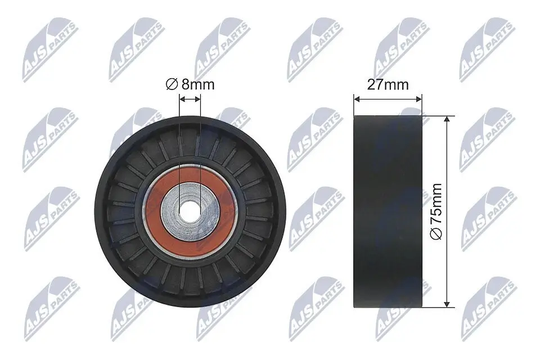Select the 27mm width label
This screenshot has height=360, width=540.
point(388,85)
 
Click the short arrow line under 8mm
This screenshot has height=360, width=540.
point(190,100)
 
